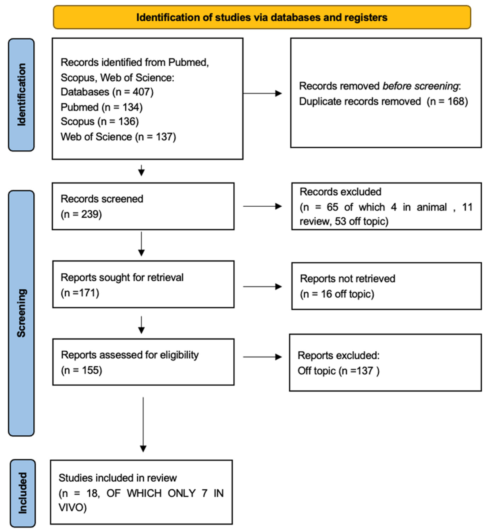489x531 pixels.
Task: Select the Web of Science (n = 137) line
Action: pyautogui.click(x=118, y=137)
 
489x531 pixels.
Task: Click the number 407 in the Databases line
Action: pyautogui.click(x=141, y=92)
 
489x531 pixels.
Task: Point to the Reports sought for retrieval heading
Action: pyautogui.click(x=122, y=277)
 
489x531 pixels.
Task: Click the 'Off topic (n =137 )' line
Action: pyautogui.click(x=338, y=371)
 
